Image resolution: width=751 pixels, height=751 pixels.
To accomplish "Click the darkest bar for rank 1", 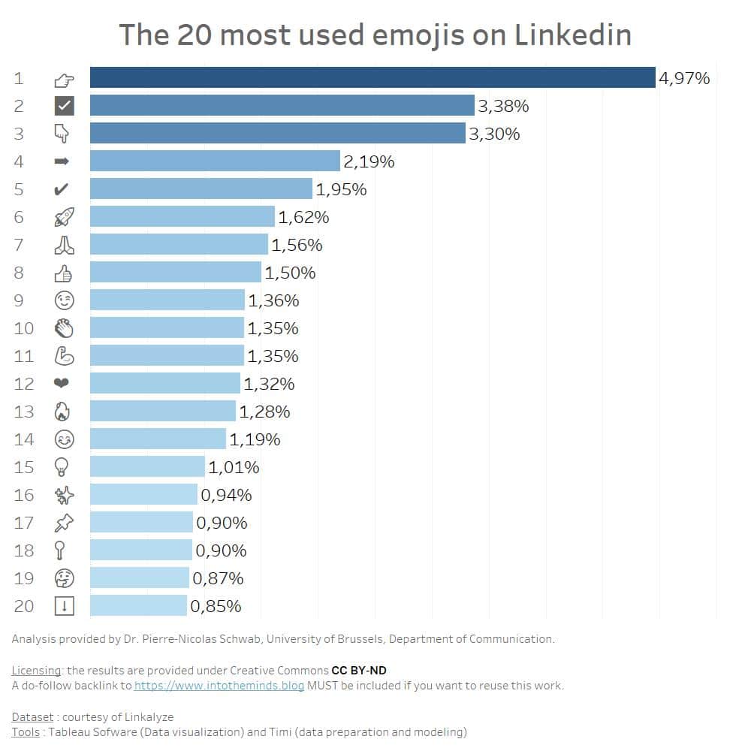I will [x=372, y=77].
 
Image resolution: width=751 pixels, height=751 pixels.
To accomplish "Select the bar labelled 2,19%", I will [x=215, y=161].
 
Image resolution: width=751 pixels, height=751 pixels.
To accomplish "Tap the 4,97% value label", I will [x=684, y=78].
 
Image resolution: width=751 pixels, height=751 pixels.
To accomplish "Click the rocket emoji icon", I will [x=65, y=217].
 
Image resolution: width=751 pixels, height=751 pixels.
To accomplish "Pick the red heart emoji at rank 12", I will [x=62, y=384].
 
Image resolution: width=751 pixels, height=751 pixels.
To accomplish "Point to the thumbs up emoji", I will [x=64, y=273].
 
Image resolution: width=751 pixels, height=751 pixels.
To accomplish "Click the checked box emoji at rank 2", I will [x=65, y=106].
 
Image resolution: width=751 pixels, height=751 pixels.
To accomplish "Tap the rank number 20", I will [x=24, y=606].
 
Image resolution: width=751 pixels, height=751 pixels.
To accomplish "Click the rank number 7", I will [x=19, y=245].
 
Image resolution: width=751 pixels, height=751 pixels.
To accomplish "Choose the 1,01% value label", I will [x=234, y=467].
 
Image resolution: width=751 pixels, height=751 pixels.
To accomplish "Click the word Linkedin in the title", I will [x=573, y=35].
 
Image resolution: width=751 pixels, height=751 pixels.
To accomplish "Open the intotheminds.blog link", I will [x=219, y=686].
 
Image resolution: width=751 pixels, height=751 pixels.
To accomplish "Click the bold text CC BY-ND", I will [x=359, y=670].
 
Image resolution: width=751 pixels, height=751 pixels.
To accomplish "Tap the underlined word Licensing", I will [x=37, y=670].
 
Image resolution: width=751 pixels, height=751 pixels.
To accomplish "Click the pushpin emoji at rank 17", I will [x=65, y=523].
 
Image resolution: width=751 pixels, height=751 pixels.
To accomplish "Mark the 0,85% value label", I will [x=216, y=606].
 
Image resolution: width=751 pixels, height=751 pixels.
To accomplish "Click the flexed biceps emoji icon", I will [x=65, y=356].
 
